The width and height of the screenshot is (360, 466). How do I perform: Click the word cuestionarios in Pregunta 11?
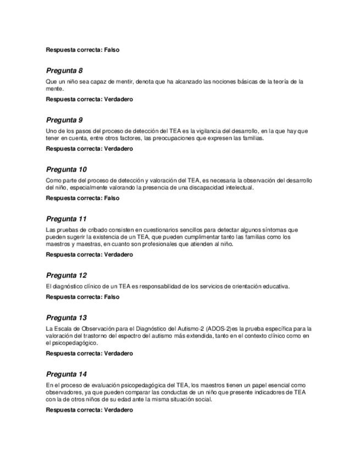click(142, 230)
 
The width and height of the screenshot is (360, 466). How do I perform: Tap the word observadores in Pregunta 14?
click(63, 392)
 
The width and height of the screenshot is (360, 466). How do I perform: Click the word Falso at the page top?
click(112, 50)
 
